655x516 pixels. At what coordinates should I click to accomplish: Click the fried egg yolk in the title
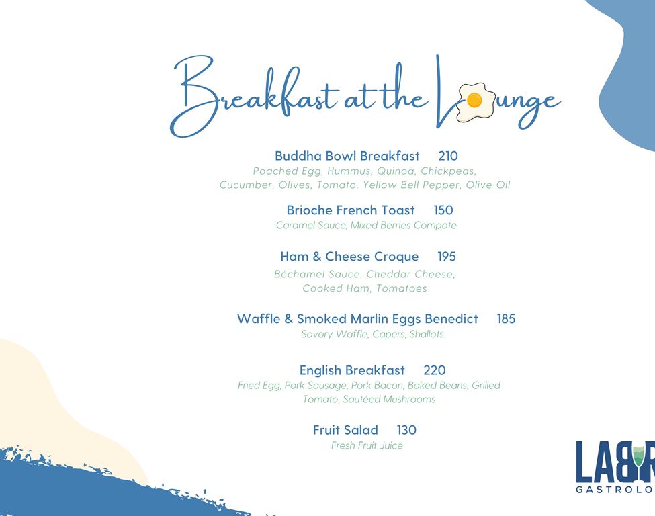click(x=474, y=101)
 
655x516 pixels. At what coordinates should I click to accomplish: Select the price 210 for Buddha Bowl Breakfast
click(x=448, y=156)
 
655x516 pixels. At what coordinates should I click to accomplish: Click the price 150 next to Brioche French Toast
click(x=443, y=210)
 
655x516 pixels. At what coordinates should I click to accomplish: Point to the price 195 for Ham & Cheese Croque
click(x=447, y=257)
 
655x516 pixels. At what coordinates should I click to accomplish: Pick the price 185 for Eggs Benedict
click(x=507, y=319)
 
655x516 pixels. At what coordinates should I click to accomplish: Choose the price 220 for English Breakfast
click(x=435, y=370)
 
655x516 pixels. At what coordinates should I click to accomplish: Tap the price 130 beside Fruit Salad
click(x=406, y=430)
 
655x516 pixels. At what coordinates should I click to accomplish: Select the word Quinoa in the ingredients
click(x=396, y=171)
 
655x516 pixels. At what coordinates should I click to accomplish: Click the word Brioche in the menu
click(x=310, y=210)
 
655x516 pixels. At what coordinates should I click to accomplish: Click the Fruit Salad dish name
click(x=345, y=430)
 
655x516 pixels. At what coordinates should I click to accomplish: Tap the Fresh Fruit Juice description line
click(x=367, y=445)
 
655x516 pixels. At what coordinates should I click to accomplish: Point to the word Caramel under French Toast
click(x=296, y=226)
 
